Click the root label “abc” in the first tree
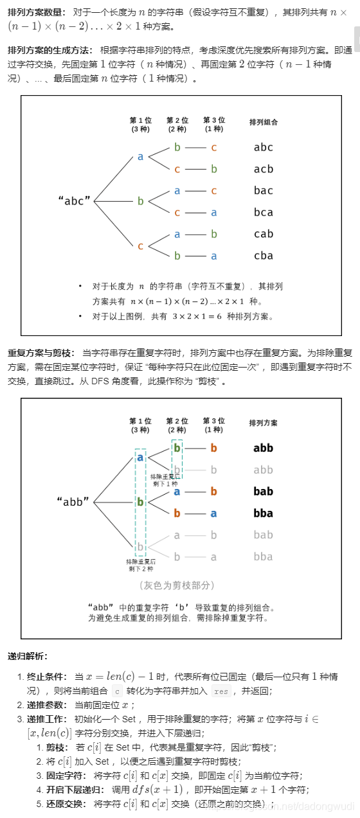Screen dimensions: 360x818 (x=74, y=200)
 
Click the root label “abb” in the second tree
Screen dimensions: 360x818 (x=74, y=502)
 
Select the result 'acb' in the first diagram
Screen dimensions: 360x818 (x=263, y=169)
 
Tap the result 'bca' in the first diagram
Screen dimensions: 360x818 (x=263, y=212)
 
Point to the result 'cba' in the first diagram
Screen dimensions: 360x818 (x=263, y=256)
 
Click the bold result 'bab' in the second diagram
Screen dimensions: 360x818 (x=263, y=492)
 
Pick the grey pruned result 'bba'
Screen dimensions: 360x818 (x=263, y=556)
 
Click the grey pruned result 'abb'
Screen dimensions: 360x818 (x=263, y=470)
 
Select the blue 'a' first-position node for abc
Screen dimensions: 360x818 (x=140, y=157)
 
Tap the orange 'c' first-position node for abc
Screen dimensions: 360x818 (x=140, y=245)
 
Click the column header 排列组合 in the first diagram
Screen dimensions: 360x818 (x=264, y=122)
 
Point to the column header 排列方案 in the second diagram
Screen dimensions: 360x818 (x=264, y=423)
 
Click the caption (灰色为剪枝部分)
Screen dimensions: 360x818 (x=177, y=585)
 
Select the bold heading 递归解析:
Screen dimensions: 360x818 (x=27, y=656)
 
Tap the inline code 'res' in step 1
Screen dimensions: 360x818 (x=221, y=691)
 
